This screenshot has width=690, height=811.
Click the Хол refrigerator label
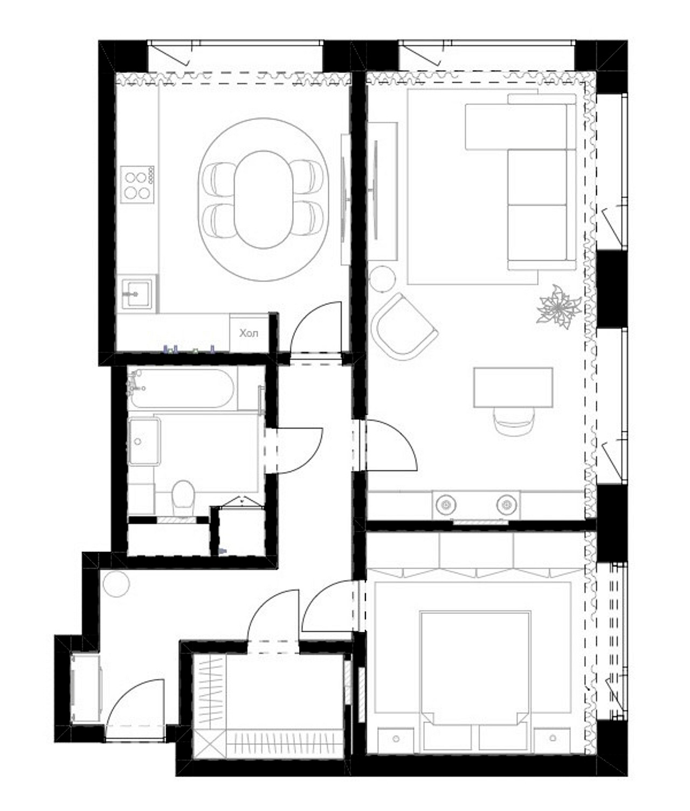[249, 333]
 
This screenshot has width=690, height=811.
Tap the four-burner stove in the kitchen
[137, 184]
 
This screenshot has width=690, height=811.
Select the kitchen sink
[136, 293]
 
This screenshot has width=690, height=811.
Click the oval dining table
[264, 200]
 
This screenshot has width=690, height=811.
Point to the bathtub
[182, 388]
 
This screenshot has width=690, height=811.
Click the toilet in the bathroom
[183, 498]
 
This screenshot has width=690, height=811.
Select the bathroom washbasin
[144, 441]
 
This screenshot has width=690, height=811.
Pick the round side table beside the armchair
[383, 278]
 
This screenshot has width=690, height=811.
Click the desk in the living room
[513, 387]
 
